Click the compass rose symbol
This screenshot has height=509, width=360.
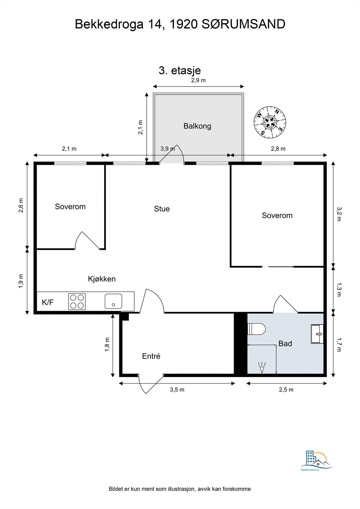(x=270, y=122)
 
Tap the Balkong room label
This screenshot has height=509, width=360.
(x=197, y=126)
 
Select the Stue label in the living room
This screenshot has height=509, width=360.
(x=162, y=209)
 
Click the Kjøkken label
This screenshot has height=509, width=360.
(x=102, y=279)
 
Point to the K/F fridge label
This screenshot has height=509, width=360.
(x=48, y=302)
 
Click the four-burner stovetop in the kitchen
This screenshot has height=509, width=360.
(x=77, y=302)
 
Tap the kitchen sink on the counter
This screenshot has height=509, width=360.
(x=114, y=301)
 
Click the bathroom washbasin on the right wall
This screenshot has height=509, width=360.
(x=317, y=334)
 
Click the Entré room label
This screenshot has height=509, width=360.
(x=151, y=356)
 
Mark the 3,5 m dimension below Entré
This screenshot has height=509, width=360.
(x=177, y=390)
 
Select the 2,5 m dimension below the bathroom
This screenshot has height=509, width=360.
(x=286, y=390)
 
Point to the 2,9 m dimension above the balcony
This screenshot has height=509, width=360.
(x=198, y=80)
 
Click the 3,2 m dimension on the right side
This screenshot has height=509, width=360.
(x=339, y=214)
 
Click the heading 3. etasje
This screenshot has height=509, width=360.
(x=180, y=70)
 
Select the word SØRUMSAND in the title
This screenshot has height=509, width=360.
(x=244, y=24)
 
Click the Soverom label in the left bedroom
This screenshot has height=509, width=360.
(x=70, y=206)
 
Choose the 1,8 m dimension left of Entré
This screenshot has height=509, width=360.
(x=107, y=345)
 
